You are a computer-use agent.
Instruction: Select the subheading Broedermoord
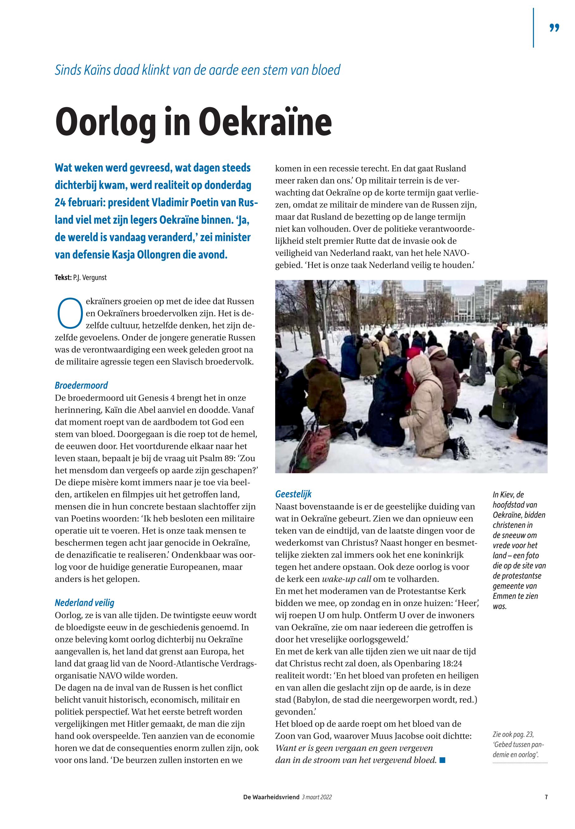click(81, 386)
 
